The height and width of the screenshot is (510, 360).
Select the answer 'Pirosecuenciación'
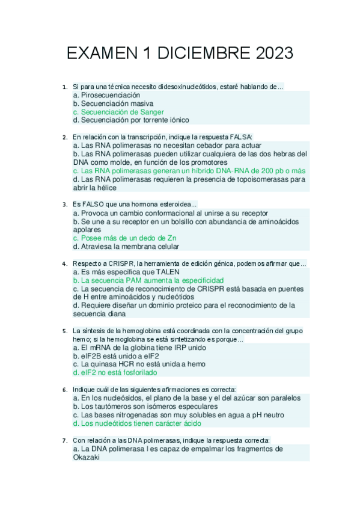(x=106, y=95)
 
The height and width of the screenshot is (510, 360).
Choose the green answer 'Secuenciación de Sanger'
(x=118, y=112)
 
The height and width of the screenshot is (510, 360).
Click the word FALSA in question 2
(x=240, y=137)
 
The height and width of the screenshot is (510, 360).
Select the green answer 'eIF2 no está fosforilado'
(x=114, y=372)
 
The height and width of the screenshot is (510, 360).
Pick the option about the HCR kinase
(x=138, y=364)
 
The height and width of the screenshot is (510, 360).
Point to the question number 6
(x=64, y=389)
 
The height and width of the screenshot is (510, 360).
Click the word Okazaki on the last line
(x=85, y=457)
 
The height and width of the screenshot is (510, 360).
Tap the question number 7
(x=64, y=440)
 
